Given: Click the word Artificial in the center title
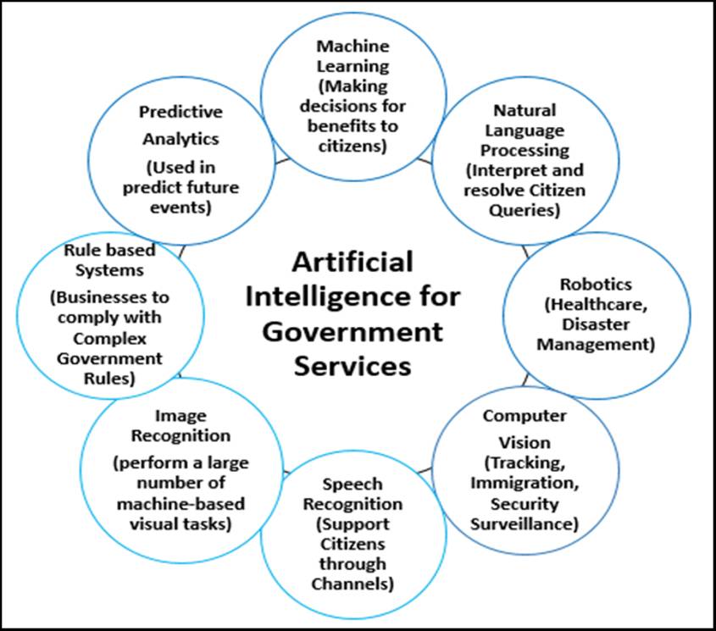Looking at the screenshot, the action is tap(352, 262).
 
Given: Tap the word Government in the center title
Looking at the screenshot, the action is tap(352, 332).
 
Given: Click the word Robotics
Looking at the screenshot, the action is tap(596, 284).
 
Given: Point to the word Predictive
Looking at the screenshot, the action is tap(180, 112).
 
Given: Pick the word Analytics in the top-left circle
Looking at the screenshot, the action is tap(180, 139).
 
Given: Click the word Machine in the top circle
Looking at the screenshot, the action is tap(353, 46).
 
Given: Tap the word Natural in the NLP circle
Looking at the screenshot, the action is tap(525, 110).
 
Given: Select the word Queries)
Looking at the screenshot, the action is tap(525, 211).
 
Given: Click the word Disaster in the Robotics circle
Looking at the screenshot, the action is tap(596, 324).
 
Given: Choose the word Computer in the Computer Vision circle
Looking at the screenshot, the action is tap(525, 416).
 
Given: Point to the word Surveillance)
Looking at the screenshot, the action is tap(525, 523).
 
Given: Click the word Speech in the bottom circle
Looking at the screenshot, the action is tap(352, 484).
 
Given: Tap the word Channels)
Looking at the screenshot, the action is tap(352, 584).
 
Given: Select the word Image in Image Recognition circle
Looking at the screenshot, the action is tap(180, 417).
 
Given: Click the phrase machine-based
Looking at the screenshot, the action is tap(180, 504).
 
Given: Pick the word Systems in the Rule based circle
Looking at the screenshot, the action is tap(109, 271).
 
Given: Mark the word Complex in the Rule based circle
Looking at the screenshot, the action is tap(109, 340).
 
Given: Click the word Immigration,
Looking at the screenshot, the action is tap(525, 483).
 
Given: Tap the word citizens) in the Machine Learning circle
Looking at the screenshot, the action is tap(353, 147).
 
